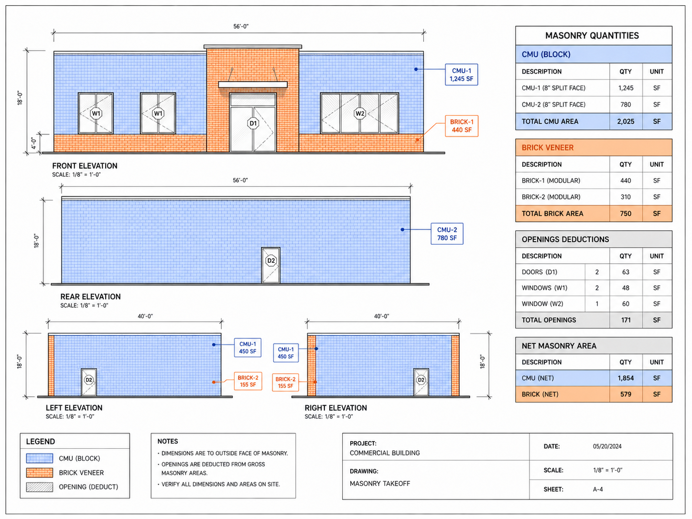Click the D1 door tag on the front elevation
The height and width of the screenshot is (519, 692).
point(253,123)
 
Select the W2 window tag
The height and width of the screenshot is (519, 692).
point(360,113)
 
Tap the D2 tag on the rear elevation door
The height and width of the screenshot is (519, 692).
point(271,260)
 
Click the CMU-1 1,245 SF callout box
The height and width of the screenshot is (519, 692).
point(461,75)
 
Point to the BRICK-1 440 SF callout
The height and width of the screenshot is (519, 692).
point(462,126)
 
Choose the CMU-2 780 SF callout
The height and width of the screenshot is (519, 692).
point(447,234)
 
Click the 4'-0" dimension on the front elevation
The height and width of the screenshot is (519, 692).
point(33,143)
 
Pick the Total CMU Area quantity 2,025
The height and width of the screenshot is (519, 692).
point(626,121)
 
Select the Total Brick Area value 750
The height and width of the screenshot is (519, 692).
point(626,214)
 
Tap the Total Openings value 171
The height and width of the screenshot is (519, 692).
point(626,320)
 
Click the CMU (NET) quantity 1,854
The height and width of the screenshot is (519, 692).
point(626,378)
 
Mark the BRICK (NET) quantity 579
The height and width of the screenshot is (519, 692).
point(626,394)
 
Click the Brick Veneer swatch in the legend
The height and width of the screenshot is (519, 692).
point(39,473)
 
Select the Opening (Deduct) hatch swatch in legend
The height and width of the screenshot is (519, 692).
point(39,487)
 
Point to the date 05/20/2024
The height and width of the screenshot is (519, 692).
point(607,446)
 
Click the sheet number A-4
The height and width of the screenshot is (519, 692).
point(598,489)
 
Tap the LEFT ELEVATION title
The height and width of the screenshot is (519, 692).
point(74,408)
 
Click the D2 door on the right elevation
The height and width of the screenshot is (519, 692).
point(421,382)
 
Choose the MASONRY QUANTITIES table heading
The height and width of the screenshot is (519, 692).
point(592,36)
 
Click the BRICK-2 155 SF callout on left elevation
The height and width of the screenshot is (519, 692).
point(248,381)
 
